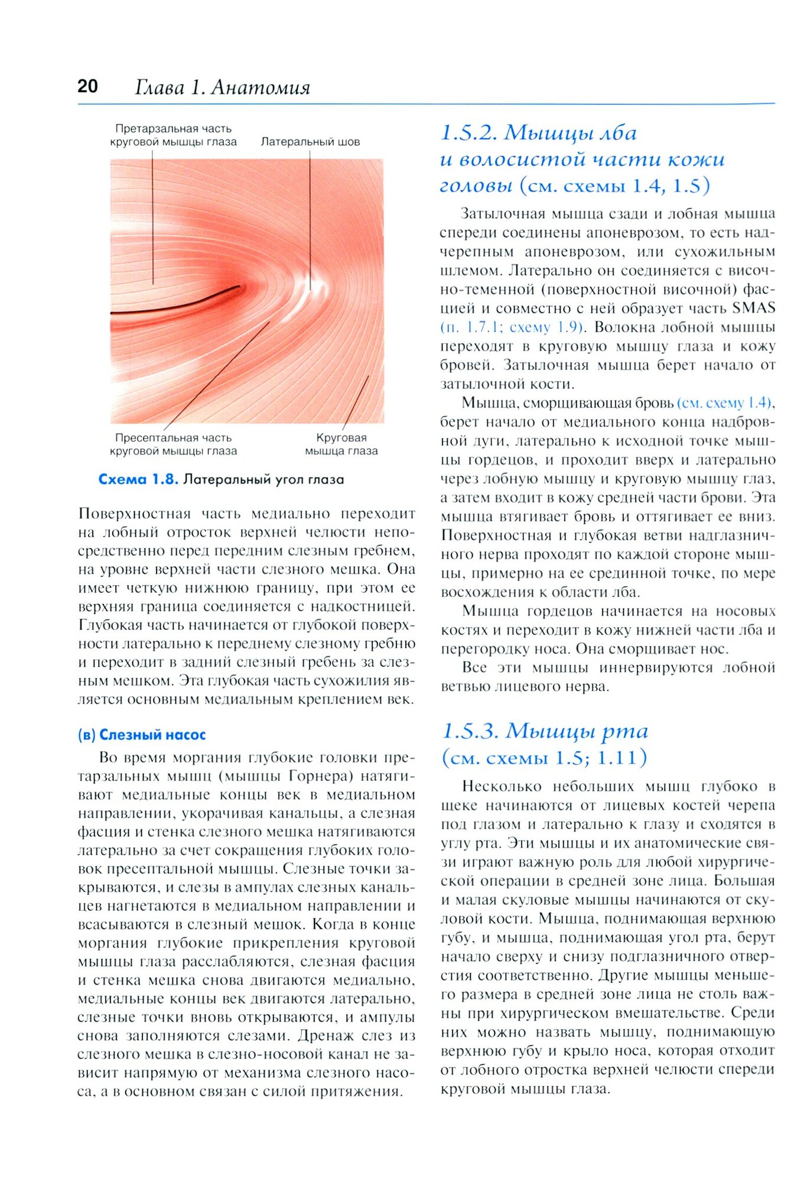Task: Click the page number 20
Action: coord(87,86)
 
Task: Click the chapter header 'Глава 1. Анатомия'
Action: coord(222,87)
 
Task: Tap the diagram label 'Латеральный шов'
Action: coord(310,142)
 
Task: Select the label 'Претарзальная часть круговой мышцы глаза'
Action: coord(173,135)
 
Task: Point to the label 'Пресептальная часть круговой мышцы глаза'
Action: coord(173,444)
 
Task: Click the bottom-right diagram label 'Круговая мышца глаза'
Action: coord(341,444)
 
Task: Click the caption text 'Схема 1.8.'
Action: coord(138,479)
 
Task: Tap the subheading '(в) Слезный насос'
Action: coord(142,735)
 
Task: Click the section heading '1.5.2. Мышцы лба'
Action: coord(539,133)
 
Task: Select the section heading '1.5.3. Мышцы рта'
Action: coord(545,732)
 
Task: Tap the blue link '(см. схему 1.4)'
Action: coord(724,403)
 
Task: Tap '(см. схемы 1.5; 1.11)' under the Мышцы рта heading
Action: coord(544,758)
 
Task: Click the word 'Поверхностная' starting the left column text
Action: coord(134,514)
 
